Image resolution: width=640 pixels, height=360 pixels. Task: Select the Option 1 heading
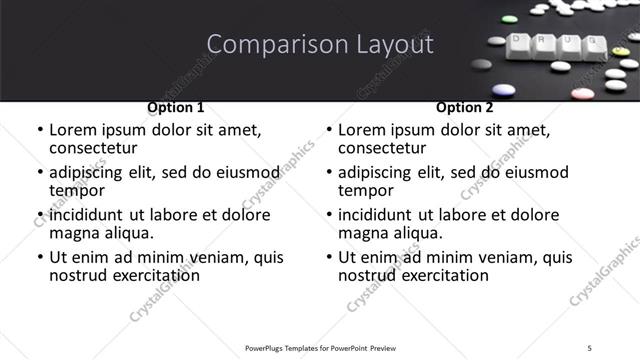click(175, 106)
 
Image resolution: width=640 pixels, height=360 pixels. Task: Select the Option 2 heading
click(464, 106)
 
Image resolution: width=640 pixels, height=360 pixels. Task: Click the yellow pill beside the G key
click(621, 51)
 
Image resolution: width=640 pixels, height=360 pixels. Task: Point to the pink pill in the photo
click(583, 93)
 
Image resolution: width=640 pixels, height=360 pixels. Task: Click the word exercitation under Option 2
click(441, 274)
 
